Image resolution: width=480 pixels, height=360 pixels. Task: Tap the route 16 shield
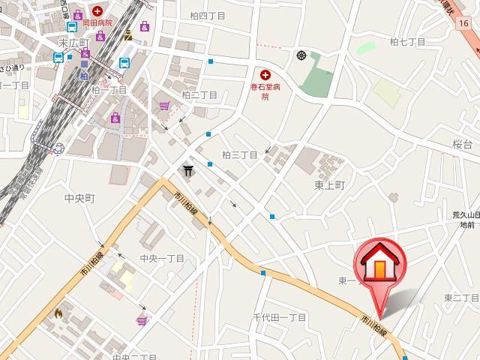[465, 25]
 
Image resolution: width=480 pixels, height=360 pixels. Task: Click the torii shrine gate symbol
[187, 172]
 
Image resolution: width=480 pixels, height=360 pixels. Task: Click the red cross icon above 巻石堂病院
[265, 73]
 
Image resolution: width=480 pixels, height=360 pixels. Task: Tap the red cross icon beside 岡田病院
[98, 10]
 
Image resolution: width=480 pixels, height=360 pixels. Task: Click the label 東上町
[329, 184]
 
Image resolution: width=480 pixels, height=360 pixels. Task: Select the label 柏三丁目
[240, 155]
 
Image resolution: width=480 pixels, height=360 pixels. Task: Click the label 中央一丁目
[162, 259]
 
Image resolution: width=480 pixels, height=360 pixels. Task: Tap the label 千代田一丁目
[279, 318]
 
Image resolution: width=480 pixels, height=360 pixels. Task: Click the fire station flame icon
[58, 313]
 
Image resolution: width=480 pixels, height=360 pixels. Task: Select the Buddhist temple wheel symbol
[301, 55]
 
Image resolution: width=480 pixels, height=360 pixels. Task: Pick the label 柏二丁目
[199, 95]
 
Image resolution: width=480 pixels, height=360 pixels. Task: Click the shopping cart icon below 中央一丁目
[142, 321]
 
